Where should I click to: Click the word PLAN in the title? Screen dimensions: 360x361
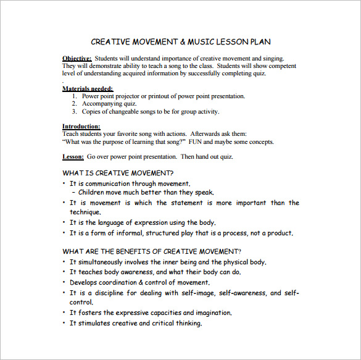[259, 42]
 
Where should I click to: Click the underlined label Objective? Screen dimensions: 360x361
[78, 58]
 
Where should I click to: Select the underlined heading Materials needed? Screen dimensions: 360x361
[88, 88]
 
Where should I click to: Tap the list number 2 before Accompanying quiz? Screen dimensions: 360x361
[75, 104]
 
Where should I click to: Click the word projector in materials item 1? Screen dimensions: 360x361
[135, 96]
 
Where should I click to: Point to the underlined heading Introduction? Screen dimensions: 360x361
[81, 126]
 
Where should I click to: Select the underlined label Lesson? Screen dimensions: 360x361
[73, 157]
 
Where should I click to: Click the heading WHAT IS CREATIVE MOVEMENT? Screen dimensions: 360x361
[118, 173]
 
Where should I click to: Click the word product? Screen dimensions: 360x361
[279, 233]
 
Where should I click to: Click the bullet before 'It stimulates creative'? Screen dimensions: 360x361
[64, 323]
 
